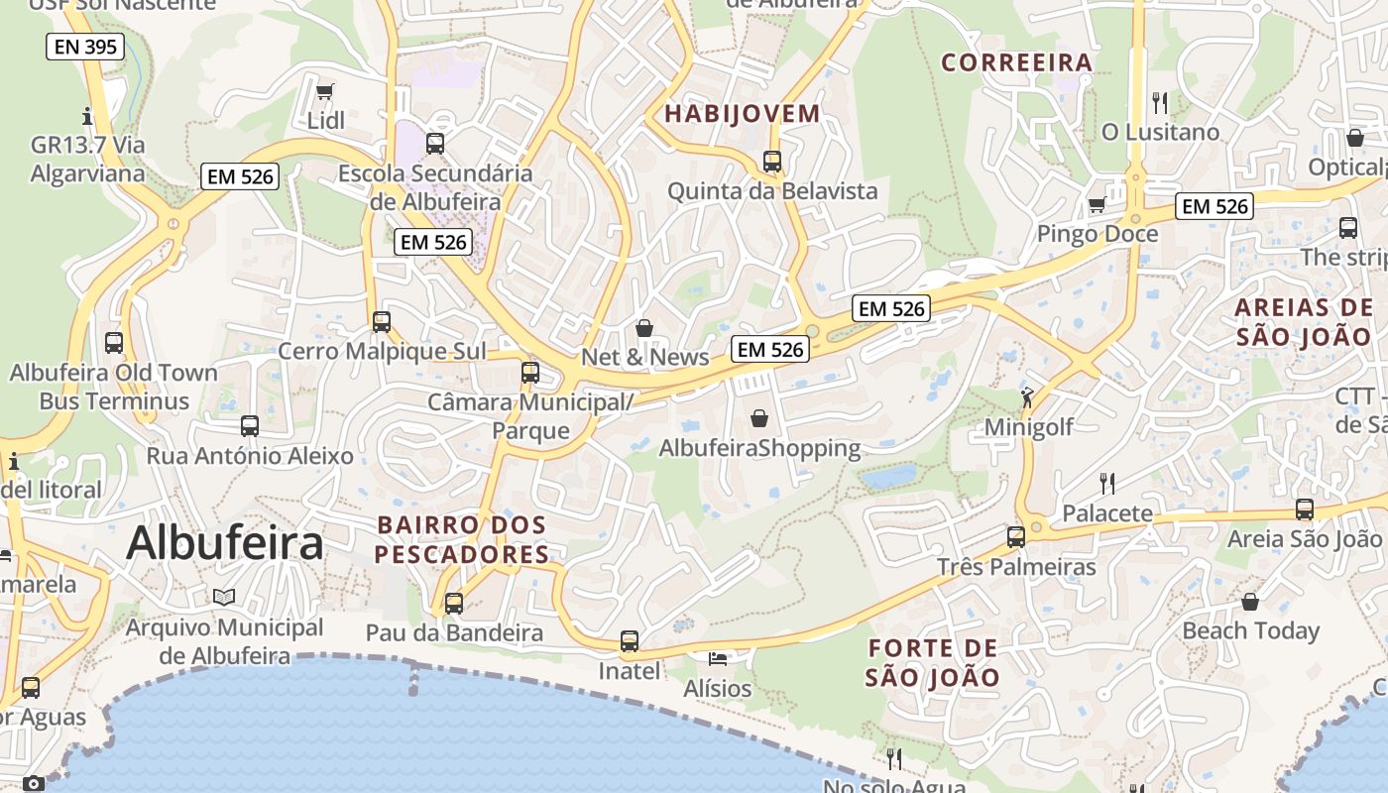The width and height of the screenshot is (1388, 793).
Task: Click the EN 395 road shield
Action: (x=85, y=47)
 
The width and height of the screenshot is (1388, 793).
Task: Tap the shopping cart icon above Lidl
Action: (x=324, y=92)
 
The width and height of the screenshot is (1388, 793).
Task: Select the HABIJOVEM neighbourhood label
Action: (x=743, y=113)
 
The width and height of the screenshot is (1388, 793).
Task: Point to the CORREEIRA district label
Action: (x=1016, y=62)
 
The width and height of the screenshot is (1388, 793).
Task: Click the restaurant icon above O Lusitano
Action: (x=1160, y=102)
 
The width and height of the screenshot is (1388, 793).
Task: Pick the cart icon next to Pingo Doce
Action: (x=1097, y=205)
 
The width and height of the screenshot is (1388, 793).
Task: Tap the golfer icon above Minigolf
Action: (x=1027, y=397)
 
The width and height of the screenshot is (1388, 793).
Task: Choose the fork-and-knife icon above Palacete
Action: (x=1107, y=484)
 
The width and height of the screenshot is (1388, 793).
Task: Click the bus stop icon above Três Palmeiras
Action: (x=1016, y=537)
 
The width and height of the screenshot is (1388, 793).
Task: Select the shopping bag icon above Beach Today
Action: (x=1250, y=602)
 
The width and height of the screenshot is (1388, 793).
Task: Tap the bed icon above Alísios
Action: (x=718, y=658)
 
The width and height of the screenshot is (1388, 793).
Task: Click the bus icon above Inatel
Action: (x=630, y=641)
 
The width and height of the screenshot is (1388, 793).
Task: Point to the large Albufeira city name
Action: (x=225, y=543)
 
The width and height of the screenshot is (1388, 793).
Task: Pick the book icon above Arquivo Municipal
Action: (x=224, y=597)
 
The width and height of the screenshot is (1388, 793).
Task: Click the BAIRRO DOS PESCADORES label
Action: (x=461, y=539)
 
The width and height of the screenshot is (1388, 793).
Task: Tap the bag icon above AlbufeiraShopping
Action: (x=759, y=418)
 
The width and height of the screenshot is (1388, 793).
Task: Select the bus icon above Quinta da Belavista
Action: (x=772, y=162)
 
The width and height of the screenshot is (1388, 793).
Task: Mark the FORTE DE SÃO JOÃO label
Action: (x=932, y=663)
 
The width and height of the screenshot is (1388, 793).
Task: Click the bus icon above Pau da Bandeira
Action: (x=454, y=603)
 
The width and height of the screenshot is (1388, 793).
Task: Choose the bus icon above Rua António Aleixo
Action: (x=250, y=426)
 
